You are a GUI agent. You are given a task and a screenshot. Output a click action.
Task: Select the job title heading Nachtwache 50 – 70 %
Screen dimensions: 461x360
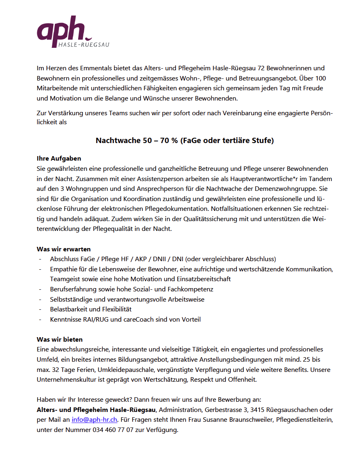click(184, 141)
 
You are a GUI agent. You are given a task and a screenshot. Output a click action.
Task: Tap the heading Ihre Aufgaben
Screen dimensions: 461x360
click(59, 158)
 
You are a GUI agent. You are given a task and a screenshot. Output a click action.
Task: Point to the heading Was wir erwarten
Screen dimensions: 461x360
click(64, 249)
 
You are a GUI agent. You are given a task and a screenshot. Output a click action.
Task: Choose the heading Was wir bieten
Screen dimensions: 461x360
click(60, 339)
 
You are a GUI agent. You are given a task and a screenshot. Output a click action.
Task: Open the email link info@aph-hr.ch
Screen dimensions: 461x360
click(94, 420)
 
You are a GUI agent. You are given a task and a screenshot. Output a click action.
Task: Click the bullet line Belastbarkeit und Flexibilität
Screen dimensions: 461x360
click(91, 309)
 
